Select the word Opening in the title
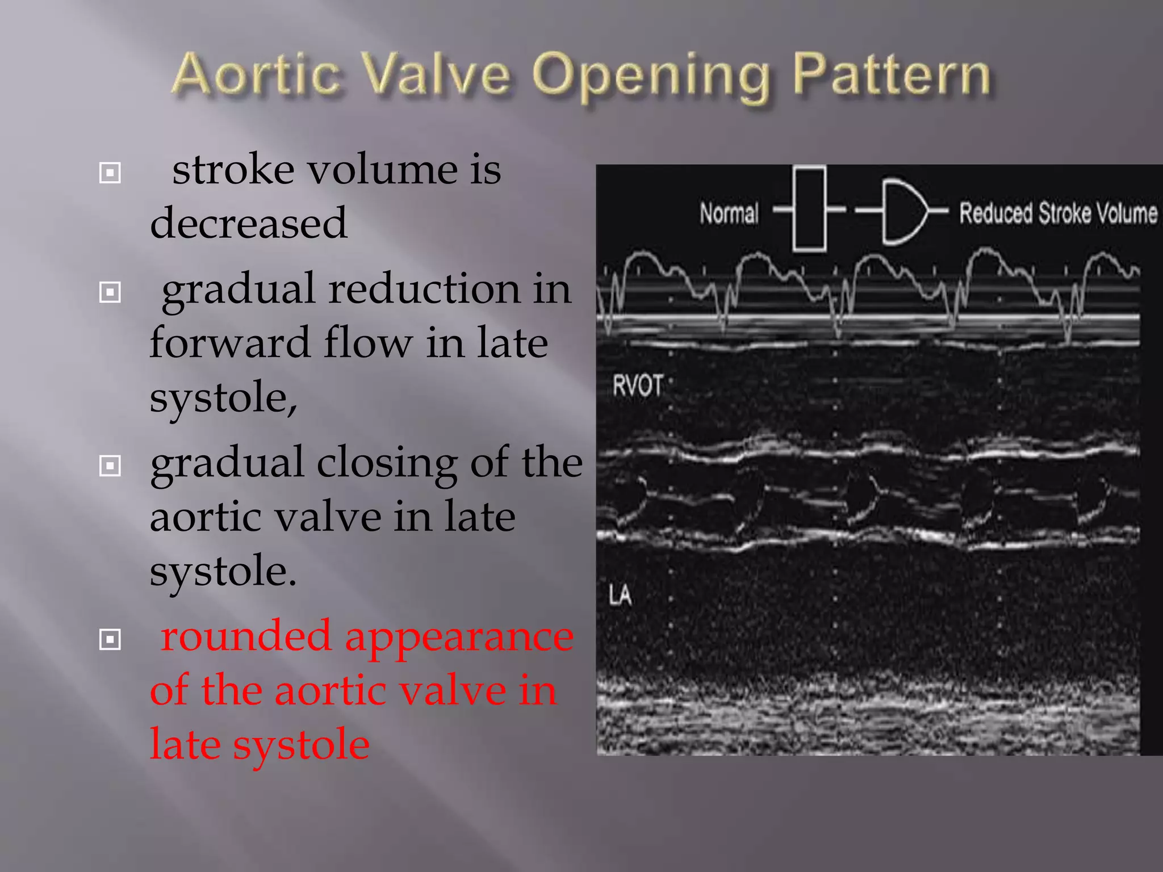click(x=651, y=77)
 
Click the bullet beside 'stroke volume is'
click(x=110, y=173)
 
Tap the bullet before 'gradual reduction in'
click(x=110, y=292)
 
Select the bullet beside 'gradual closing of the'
click(x=110, y=466)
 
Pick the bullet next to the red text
click(x=110, y=640)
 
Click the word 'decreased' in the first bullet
click(x=249, y=223)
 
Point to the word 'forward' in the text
click(x=229, y=343)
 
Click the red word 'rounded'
click(x=246, y=636)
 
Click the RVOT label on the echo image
click(x=637, y=387)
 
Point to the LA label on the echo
click(x=620, y=596)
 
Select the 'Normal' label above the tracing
click(x=729, y=213)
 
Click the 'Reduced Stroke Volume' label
click(x=1058, y=213)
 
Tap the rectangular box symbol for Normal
click(x=809, y=209)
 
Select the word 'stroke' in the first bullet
click(x=234, y=170)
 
